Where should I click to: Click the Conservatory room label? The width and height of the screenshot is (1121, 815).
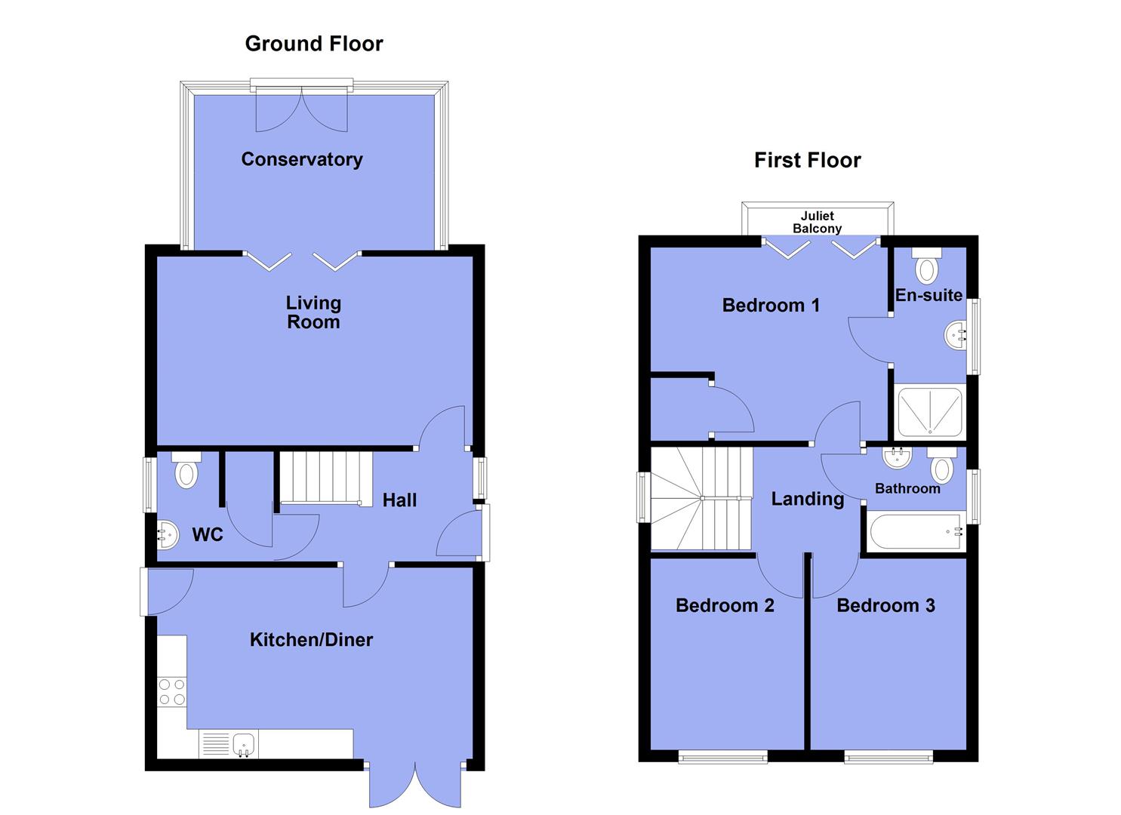coord(302,159)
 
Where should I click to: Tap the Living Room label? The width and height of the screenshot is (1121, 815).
coord(313,312)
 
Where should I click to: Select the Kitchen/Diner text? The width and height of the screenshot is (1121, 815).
coord(311,640)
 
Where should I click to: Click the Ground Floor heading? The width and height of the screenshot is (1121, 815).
coord(314,44)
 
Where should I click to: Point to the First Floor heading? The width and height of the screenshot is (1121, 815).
coord(807,160)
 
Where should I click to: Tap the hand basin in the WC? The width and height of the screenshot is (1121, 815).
coord(168,535)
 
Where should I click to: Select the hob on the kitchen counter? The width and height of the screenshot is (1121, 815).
coord(172,692)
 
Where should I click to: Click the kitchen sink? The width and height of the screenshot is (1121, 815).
coord(243,743)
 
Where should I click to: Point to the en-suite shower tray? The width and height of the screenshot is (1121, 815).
coord(929,412)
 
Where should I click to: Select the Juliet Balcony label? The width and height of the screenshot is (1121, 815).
coord(818,222)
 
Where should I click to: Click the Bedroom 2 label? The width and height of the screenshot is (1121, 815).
coord(725,605)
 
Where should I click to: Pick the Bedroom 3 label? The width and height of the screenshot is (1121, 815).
coord(885,605)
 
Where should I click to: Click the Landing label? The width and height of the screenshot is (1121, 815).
coord(807,499)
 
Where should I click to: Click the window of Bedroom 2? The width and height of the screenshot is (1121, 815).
coord(722,756)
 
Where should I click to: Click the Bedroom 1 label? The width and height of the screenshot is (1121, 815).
coord(771,306)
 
